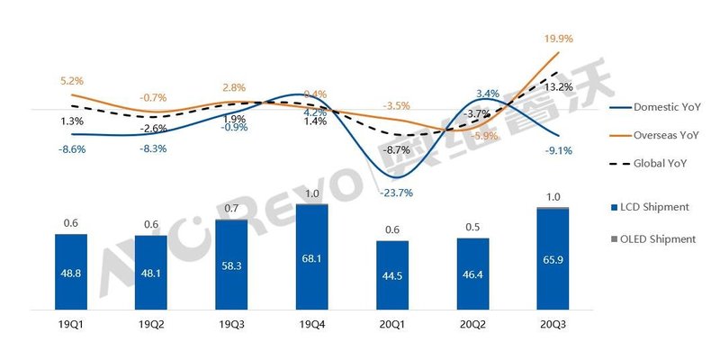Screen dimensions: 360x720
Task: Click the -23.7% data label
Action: [x=391, y=192]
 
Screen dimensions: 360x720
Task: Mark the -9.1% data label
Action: [x=559, y=150]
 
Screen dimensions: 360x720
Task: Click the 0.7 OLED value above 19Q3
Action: [x=231, y=209]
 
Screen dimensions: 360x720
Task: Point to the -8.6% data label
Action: [x=71, y=149]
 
